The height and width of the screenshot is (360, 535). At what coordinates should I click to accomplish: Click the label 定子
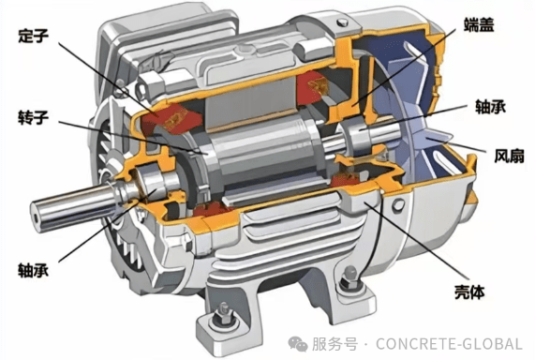click(x=33, y=36)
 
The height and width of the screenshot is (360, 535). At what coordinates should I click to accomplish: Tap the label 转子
click(x=33, y=117)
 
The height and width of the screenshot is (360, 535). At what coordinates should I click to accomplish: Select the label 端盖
click(x=479, y=24)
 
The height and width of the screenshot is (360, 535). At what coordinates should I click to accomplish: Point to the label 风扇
click(x=509, y=156)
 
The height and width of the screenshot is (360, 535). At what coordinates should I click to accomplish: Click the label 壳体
click(x=469, y=292)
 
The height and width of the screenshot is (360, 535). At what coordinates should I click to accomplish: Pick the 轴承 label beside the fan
click(x=490, y=106)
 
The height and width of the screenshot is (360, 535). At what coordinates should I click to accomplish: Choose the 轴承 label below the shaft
click(x=33, y=270)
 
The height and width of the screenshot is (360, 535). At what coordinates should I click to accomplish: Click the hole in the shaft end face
click(x=37, y=219)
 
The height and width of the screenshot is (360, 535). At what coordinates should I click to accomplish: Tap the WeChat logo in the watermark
click(x=298, y=343)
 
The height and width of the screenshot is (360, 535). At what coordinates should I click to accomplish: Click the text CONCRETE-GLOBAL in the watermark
click(x=449, y=344)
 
